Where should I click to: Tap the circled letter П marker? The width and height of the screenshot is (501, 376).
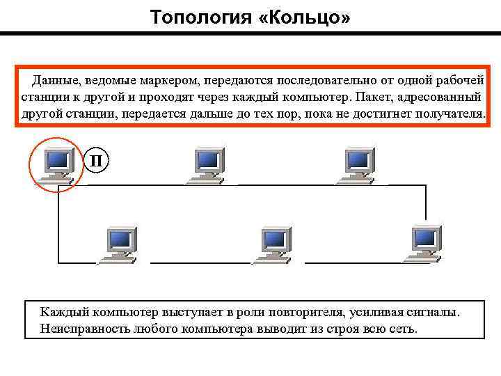click(x=97, y=162)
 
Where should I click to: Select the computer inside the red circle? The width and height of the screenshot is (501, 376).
click(x=56, y=163)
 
